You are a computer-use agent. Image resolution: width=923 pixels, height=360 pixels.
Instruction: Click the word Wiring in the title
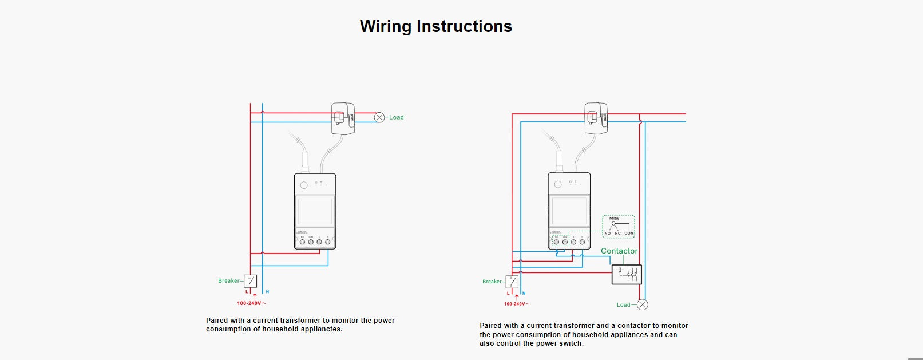coord(386,26)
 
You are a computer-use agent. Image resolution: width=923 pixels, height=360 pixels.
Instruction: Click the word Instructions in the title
coord(464,26)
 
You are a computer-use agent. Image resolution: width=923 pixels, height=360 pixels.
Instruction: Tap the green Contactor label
coord(619,251)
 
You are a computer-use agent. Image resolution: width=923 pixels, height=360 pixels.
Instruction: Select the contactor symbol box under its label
coord(627,275)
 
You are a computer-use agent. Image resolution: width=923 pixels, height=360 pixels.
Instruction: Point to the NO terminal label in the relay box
coord(608,234)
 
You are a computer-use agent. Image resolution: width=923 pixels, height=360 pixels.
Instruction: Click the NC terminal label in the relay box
coord(618,234)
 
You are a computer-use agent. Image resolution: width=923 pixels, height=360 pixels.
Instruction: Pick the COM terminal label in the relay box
coord(629,234)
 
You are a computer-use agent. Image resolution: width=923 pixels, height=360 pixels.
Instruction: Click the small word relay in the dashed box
coord(614,219)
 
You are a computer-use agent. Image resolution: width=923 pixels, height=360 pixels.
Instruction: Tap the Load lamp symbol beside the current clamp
coord(379,117)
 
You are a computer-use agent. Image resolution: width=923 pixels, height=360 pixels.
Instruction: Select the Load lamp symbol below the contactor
coord(643,304)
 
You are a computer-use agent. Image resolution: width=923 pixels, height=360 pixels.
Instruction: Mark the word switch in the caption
coord(573,343)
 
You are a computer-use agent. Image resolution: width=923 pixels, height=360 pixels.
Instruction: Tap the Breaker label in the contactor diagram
coord(492,282)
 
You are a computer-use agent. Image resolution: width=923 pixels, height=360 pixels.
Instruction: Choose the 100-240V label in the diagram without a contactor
coord(249,303)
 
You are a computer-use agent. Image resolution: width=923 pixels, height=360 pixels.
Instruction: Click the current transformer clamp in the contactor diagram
coord(596,117)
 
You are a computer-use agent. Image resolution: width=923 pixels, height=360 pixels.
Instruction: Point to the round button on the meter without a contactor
coord(304,185)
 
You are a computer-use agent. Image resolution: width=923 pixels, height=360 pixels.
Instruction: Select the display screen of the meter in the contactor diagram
coord(569,211)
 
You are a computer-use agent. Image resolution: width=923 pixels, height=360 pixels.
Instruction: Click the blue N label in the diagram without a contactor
coord(267,292)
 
